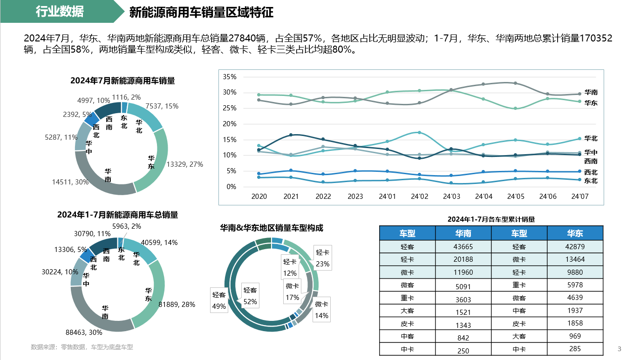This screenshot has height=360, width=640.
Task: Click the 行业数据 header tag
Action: (x=60, y=12)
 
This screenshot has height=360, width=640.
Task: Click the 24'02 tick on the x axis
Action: (x=419, y=197)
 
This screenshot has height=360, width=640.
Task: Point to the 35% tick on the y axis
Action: (x=230, y=77)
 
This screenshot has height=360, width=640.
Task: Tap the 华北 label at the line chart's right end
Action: (x=591, y=139)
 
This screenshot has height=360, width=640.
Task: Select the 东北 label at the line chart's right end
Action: (x=591, y=181)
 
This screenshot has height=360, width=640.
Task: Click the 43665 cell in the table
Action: (x=463, y=247)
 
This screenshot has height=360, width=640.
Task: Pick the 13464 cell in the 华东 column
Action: (x=575, y=259)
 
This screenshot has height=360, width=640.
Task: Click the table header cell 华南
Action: (x=463, y=233)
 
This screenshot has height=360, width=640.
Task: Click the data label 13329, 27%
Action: (x=184, y=164)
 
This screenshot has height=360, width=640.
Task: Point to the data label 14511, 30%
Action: (x=70, y=182)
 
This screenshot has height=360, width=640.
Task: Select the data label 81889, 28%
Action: (x=177, y=305)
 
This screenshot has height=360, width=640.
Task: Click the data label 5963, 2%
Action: (x=127, y=226)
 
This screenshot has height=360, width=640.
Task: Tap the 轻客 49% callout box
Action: (x=219, y=300)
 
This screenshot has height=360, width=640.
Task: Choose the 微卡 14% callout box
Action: (x=321, y=310)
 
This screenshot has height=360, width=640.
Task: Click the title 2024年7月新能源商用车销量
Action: (x=123, y=81)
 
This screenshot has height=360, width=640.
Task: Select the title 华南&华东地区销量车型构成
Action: (x=272, y=228)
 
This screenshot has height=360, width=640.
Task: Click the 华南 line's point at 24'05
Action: (x=515, y=83)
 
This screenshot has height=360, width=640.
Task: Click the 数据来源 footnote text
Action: (x=82, y=347)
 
